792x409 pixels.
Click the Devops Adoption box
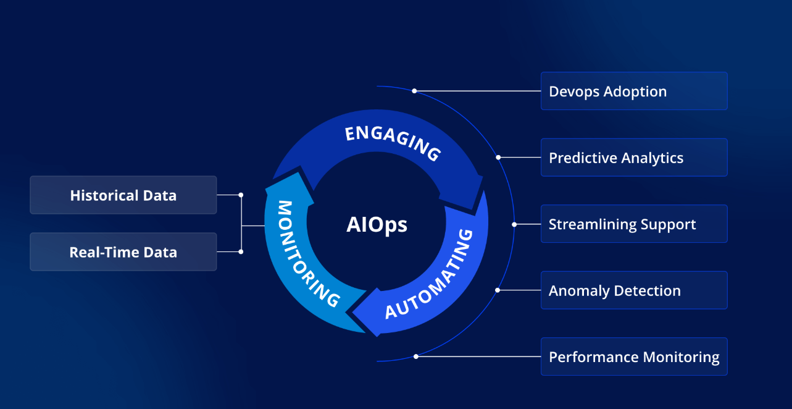[x=634, y=91]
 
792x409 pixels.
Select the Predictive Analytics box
[x=634, y=158]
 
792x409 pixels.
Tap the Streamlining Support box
[x=634, y=224]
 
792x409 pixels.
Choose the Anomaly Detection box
[x=634, y=290]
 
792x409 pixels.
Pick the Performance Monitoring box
[x=634, y=356]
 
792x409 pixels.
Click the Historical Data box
[x=123, y=195]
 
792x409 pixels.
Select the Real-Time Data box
[x=123, y=252]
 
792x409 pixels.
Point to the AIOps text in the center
[x=377, y=224]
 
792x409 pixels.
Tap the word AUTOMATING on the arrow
[x=430, y=275]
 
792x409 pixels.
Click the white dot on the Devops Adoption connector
[x=414, y=91]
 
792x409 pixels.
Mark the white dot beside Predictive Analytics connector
[x=498, y=158]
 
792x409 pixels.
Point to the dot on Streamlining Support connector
[x=514, y=224]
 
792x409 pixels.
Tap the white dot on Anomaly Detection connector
[x=498, y=290]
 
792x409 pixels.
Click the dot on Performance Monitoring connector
[x=416, y=356]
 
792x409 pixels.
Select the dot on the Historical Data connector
[x=241, y=195]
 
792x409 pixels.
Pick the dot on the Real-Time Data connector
[x=241, y=251]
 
